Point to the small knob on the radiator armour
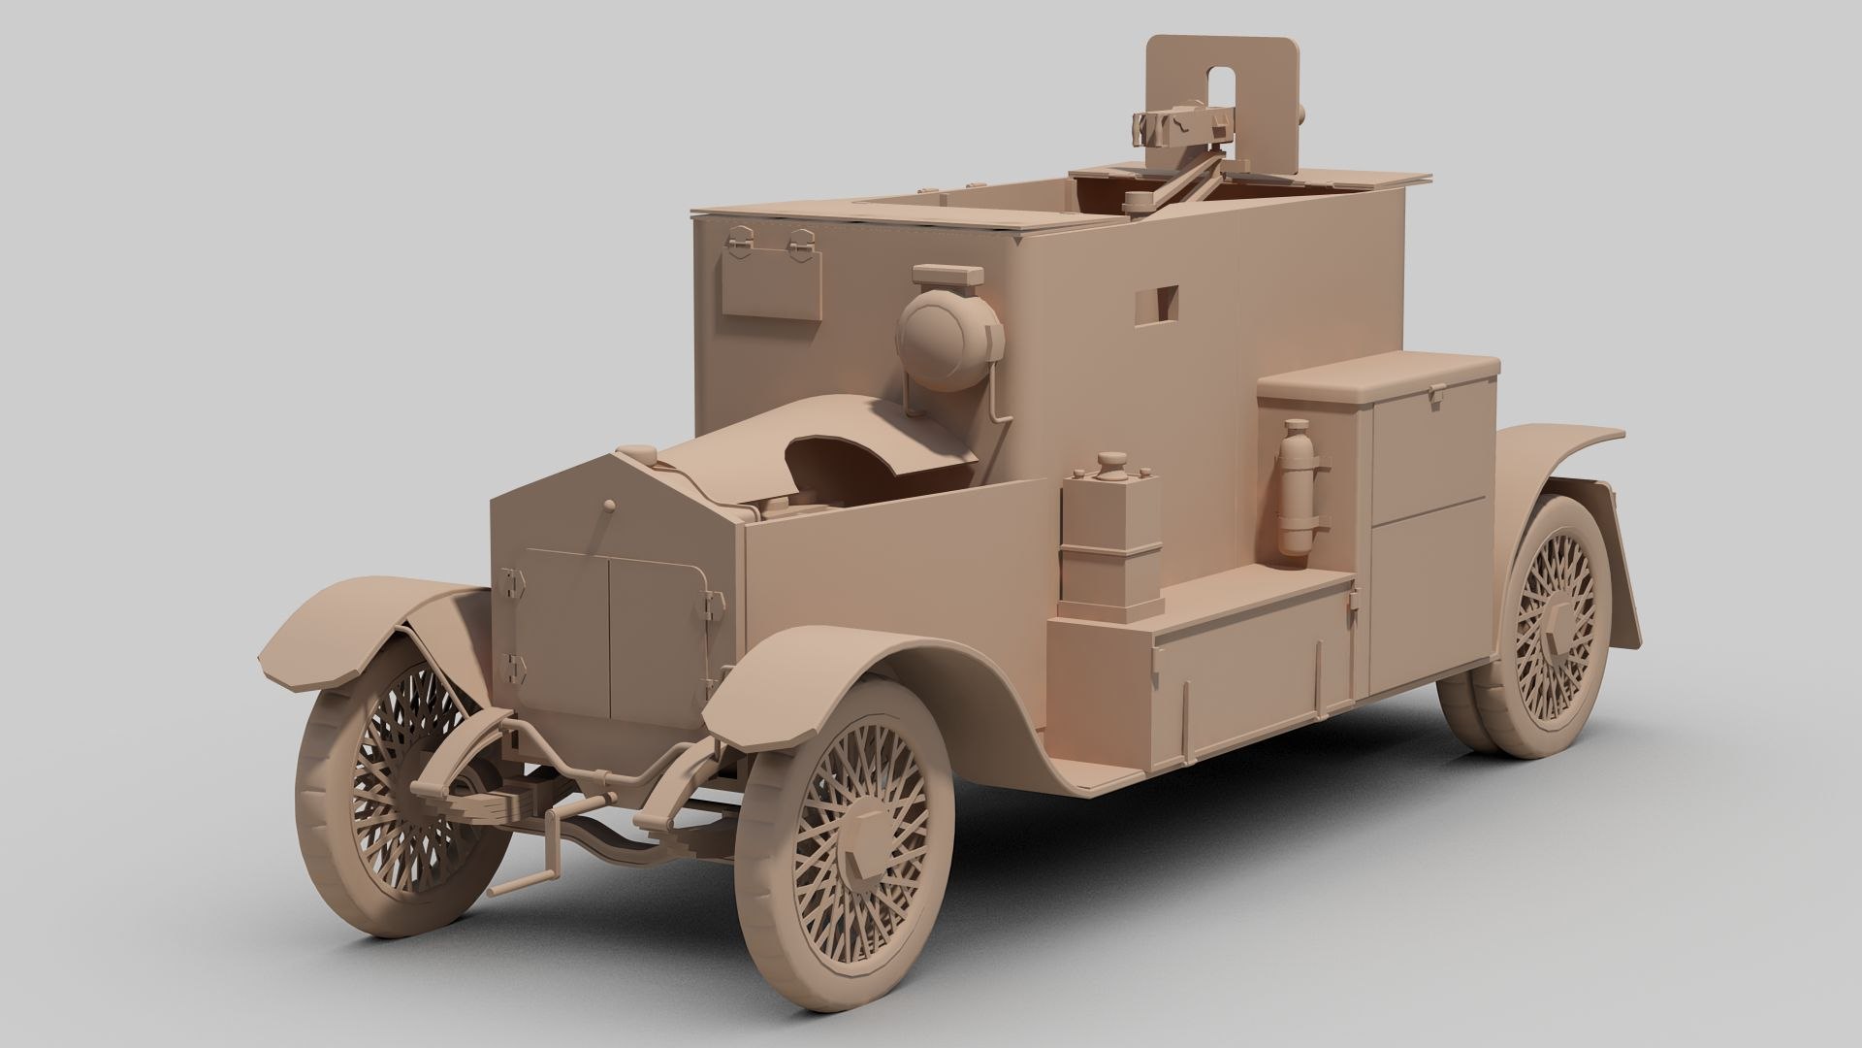pos(608,507)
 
